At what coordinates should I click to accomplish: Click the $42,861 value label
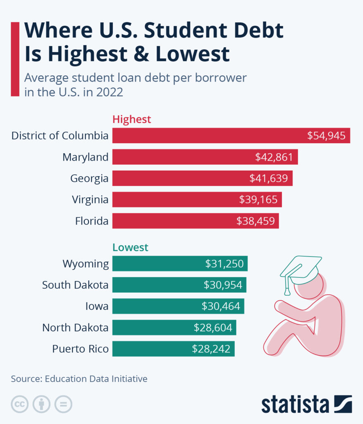(274, 157)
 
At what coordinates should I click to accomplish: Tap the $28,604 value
(213, 328)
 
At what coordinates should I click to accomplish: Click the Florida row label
(92, 221)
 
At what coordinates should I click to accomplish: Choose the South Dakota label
(75, 285)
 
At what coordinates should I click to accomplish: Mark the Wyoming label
(86, 264)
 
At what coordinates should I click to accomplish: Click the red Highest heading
(132, 120)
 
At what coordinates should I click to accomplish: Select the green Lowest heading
(130, 248)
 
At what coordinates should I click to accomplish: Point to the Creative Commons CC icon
(19, 404)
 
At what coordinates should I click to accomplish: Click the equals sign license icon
(63, 404)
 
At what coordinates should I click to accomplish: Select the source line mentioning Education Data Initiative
(79, 378)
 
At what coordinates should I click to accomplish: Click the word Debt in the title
(256, 31)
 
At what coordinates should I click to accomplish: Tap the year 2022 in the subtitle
(109, 92)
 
